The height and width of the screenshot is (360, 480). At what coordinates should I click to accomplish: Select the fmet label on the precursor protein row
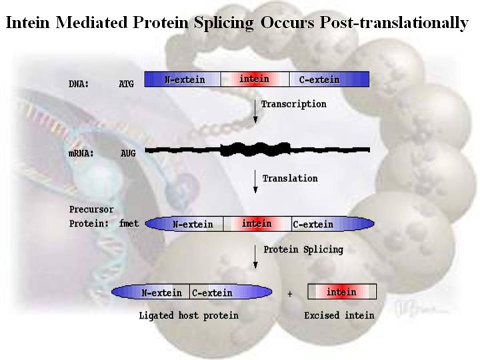coord(129,224)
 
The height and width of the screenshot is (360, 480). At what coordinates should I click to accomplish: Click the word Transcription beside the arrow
coord(293,104)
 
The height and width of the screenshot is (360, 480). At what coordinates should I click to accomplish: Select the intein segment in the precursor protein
coord(257,224)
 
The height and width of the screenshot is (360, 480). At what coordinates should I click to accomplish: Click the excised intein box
coord(342,292)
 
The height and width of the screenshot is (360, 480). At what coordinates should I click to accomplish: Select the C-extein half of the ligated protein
coord(213,293)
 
